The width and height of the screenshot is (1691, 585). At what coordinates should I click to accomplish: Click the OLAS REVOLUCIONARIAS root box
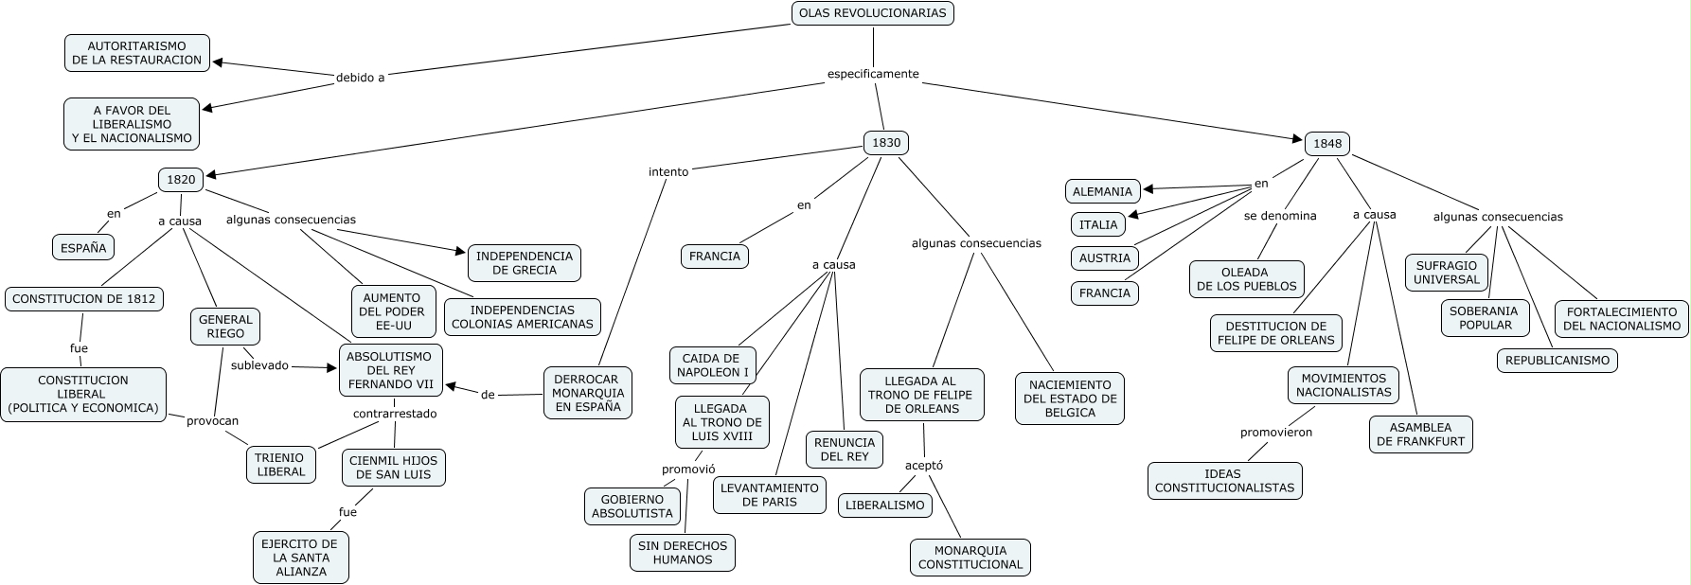pos(872,13)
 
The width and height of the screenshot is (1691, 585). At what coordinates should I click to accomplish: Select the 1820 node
pos(181,179)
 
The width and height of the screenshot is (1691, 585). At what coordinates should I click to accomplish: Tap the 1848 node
pos(1327,144)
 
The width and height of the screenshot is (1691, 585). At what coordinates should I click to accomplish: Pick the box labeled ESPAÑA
pos(83,248)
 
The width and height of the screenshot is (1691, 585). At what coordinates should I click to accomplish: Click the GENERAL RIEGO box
pos(225,327)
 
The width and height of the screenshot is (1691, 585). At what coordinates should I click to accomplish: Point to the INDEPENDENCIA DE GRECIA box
pos(525,263)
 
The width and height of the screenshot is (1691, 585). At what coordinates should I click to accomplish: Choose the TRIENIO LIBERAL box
pos(281,465)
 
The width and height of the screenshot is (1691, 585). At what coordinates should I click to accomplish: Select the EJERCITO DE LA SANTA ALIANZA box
pos(300,558)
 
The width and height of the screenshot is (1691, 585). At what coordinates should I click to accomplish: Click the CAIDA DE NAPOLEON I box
pos(713,365)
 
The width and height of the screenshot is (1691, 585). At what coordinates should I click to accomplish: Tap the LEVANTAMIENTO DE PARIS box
pos(769,495)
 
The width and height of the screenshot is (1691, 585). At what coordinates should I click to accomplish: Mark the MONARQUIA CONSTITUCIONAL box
pos(970,558)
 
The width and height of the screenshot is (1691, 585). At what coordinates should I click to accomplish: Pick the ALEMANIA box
pos(1102,191)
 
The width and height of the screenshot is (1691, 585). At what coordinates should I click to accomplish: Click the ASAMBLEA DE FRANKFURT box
pos(1420,434)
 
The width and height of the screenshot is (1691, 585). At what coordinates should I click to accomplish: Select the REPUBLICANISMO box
pos(1557,361)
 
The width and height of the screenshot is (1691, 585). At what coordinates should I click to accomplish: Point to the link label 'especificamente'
pos(873,74)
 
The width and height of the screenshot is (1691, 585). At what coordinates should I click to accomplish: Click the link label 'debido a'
pos(360,78)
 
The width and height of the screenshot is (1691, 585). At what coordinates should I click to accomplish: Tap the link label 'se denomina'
pos(1280,216)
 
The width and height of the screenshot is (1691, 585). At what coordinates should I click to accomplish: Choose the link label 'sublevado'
pos(259,365)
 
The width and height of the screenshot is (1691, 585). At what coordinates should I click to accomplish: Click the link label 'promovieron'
pos(1276,433)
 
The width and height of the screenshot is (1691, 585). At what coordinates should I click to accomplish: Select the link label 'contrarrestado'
pos(395,414)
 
